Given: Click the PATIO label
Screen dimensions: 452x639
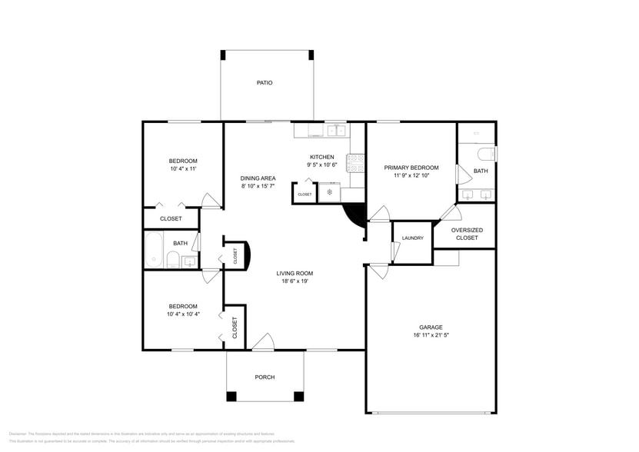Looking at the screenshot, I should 265,82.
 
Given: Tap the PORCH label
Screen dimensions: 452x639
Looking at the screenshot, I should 265,377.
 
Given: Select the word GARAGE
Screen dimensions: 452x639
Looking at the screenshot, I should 431,327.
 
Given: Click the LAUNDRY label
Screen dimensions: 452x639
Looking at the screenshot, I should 412,238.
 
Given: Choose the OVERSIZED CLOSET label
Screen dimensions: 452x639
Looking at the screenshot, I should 466,234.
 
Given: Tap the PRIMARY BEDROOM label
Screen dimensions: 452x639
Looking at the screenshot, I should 411,168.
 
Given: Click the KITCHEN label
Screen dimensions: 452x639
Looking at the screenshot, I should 322,156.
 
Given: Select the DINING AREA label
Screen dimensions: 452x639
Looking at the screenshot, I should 258,178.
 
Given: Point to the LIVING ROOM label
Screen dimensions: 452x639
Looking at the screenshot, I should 295,273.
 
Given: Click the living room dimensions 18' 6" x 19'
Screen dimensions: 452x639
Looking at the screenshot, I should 295,281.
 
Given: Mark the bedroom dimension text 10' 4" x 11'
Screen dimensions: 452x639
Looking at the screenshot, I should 183,168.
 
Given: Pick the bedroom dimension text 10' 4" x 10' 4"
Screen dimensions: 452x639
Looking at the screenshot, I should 183,314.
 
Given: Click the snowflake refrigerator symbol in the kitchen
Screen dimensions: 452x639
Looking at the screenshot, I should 330,192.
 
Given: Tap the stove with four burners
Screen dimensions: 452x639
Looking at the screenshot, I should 356,162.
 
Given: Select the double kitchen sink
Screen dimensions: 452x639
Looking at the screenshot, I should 336,131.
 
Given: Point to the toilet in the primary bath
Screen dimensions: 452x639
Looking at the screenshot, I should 488,154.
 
